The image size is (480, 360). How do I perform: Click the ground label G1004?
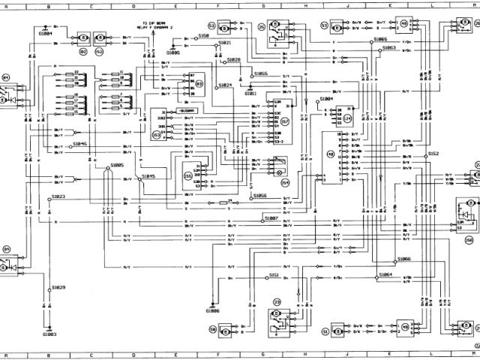pos(45,34)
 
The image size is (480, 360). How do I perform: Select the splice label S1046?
pos(79,143)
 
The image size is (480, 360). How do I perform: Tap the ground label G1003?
pos(49,334)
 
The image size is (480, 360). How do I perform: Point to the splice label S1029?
pos(58,287)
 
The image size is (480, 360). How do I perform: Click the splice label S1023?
pos(58,196)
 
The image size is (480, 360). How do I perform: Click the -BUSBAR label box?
pos(185,109)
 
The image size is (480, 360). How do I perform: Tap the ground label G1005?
pos(173,53)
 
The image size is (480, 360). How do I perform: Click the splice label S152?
pos(433,153)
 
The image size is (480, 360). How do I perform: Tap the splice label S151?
pos(274,275)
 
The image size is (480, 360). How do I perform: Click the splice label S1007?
pos(271,217)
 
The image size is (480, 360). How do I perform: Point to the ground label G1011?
pos(250,93)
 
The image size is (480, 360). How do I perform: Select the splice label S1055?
pos(261,73)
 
